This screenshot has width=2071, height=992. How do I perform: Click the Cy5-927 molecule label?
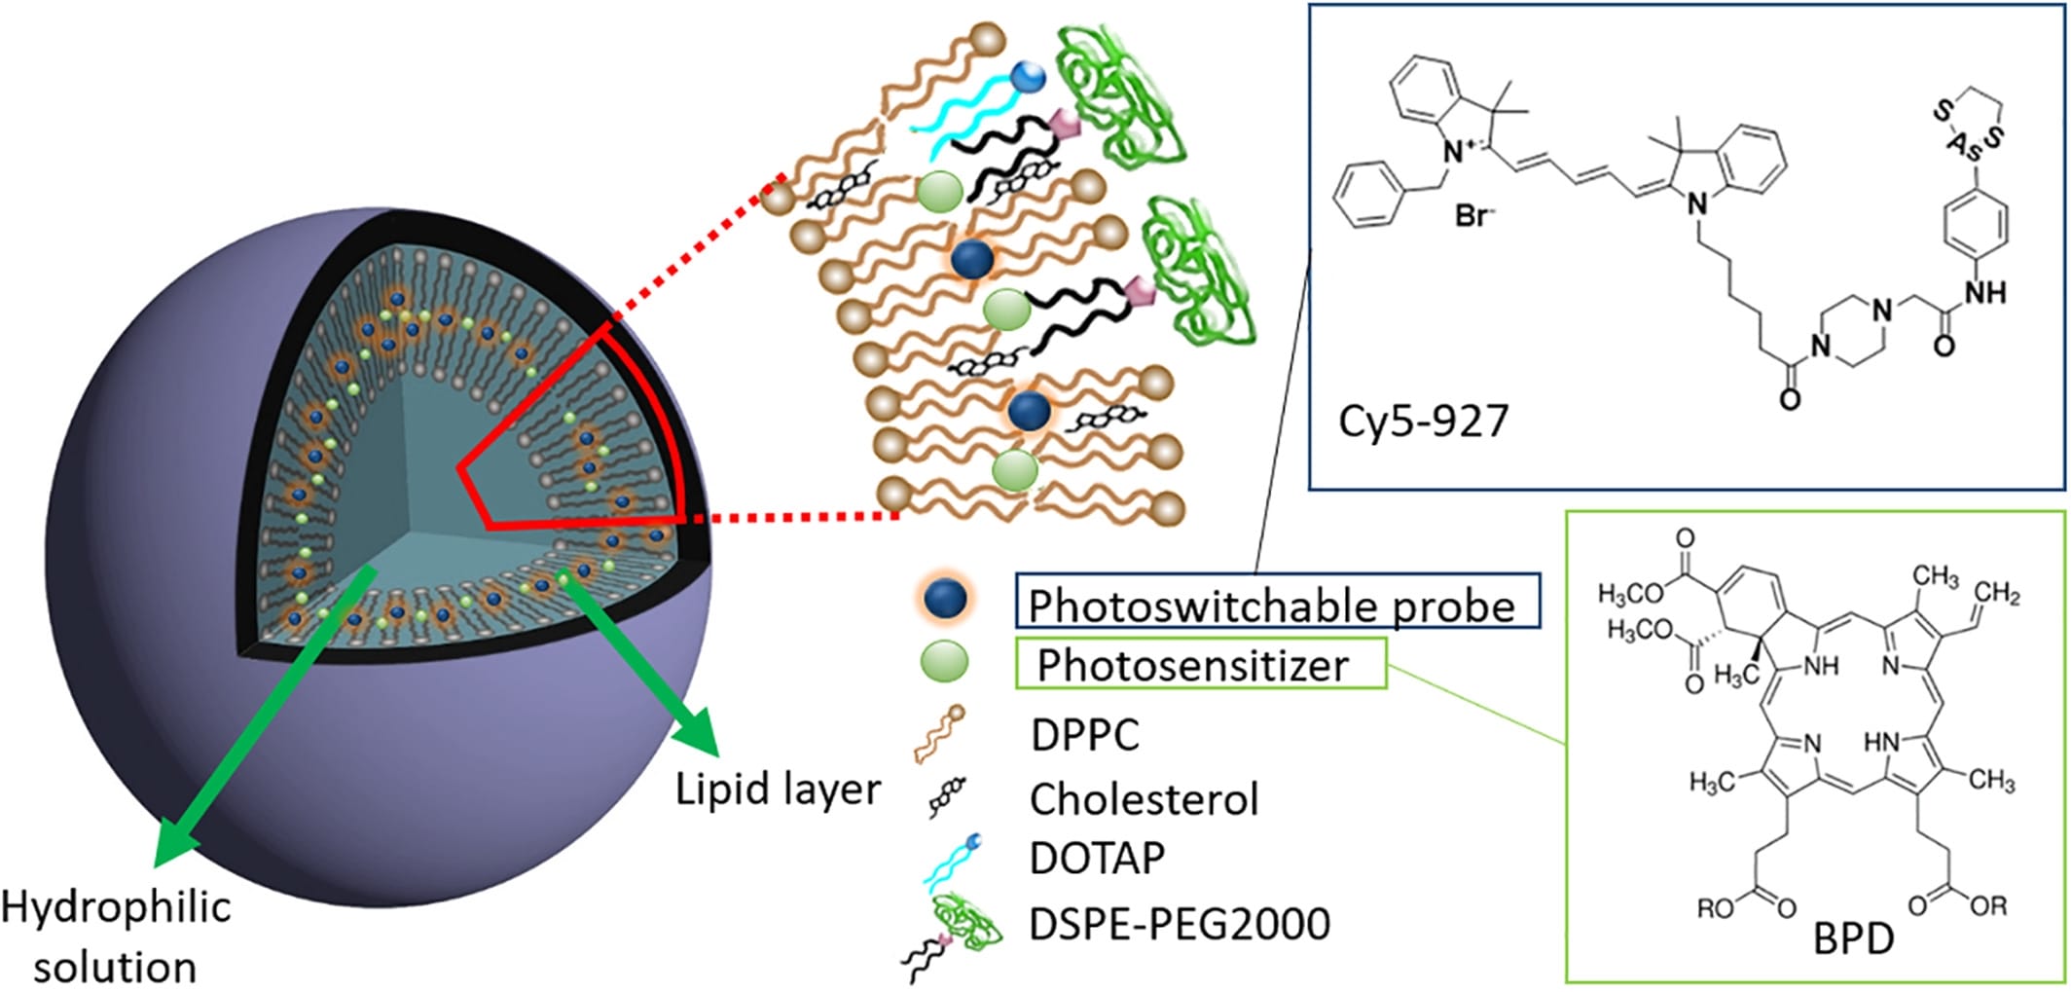1423,421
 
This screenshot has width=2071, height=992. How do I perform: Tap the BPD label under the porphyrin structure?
1853,939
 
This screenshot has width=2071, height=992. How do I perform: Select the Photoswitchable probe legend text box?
1276,604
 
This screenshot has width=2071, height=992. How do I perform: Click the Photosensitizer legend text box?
1198,665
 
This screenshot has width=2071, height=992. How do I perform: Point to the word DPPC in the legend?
1084,734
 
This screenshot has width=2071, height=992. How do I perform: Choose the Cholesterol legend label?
1144,799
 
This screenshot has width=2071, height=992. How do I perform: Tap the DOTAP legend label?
1096,858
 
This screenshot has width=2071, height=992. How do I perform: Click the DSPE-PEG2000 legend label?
1179,923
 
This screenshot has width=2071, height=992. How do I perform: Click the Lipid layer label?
778,789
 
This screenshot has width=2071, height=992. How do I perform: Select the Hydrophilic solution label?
115,937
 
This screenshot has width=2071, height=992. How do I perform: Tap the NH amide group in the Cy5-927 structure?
1985,292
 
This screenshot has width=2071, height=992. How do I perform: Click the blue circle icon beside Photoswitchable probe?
944,600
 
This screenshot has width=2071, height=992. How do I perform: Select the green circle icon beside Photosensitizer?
944,662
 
